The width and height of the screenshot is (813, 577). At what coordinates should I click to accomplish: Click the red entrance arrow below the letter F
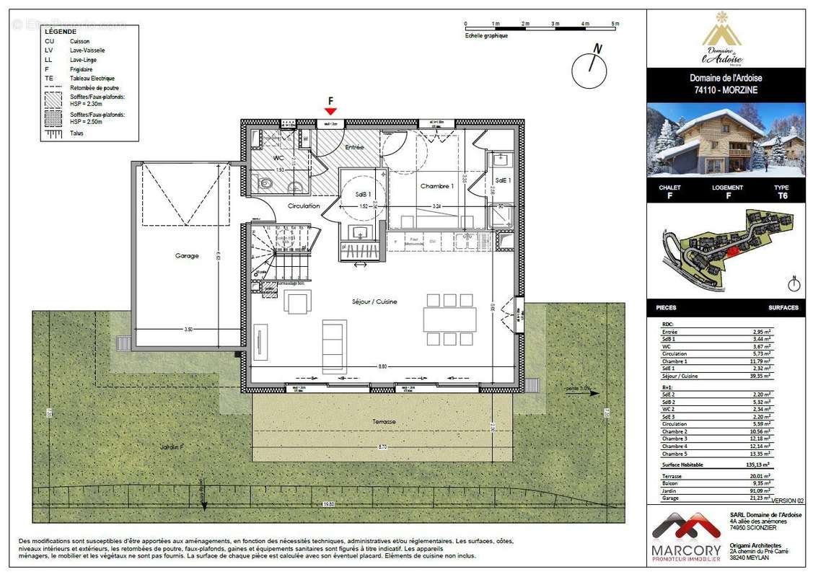pos(330,111)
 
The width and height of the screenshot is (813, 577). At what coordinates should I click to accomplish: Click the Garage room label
pos(186,255)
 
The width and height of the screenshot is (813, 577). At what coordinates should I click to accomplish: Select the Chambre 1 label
pos(437,185)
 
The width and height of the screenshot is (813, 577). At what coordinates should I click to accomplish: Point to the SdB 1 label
pos(363,195)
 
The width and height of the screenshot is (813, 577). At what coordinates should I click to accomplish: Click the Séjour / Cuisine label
pos(374,301)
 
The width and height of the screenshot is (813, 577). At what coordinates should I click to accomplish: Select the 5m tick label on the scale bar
pos(615,24)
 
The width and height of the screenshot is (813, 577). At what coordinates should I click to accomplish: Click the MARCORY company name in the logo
pos(687,550)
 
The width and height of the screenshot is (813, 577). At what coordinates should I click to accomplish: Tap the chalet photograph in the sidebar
pos(725,140)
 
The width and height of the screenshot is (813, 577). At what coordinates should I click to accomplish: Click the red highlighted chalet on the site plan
pos(731,251)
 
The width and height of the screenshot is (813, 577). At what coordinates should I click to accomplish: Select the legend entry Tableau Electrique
pos(92,78)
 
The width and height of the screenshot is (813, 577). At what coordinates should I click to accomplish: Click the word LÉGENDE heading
pos(60,32)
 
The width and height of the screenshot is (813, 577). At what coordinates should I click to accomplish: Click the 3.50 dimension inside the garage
pos(188,329)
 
